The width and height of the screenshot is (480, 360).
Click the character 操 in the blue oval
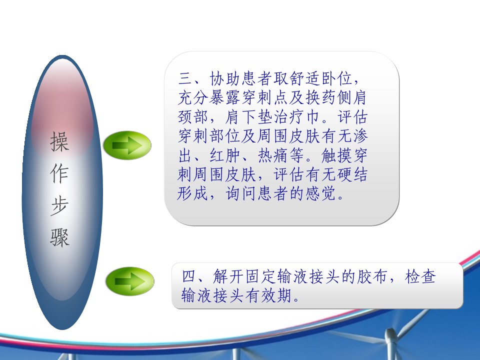click(x=59, y=141)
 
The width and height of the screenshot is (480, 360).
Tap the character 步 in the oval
click(x=59, y=205)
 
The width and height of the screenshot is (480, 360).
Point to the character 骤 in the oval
click(x=59, y=237)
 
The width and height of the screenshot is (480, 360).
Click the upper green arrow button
click(x=127, y=145)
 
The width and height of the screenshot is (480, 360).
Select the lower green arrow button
click(x=130, y=281)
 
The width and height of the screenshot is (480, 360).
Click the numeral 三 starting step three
click(x=185, y=78)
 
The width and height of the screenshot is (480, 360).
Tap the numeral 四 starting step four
click(x=189, y=276)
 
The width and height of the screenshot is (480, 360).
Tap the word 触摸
click(x=336, y=155)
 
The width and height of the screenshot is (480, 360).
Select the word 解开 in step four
click(x=228, y=276)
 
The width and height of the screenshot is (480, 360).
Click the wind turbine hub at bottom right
click(x=390, y=333)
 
